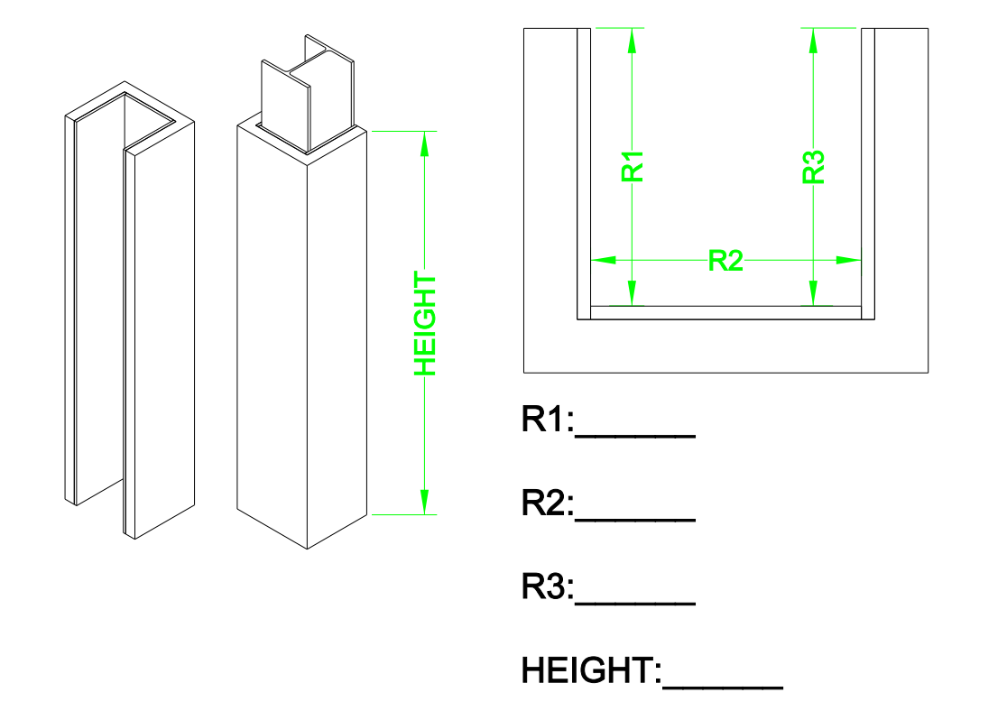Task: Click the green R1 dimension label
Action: point(633,167)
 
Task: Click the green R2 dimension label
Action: point(725,260)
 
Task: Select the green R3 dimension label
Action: point(814,167)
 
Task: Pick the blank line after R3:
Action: point(635,603)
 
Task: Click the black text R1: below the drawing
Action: point(548,420)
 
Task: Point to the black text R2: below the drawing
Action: point(548,504)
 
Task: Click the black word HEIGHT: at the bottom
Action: point(591,672)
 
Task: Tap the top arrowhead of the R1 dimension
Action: point(633,39)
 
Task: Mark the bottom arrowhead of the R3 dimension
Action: point(814,294)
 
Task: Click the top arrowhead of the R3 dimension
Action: point(814,39)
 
